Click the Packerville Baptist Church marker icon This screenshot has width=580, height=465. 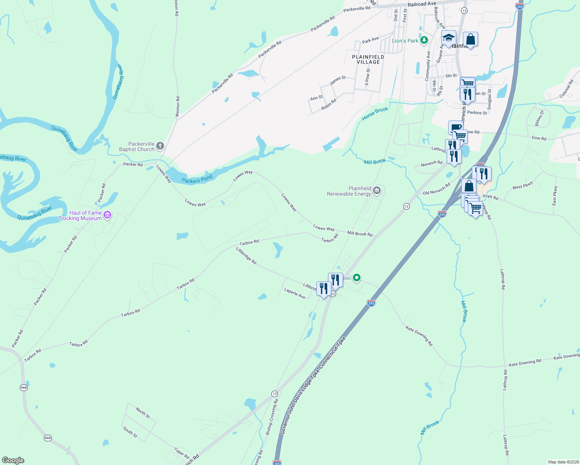tap(160, 146)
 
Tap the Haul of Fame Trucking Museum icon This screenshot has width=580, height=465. tap(107, 215)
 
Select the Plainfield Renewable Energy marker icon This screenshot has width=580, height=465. tap(377, 191)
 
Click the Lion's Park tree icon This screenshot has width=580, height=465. tap(425, 40)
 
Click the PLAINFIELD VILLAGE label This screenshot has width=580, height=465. tap(368, 59)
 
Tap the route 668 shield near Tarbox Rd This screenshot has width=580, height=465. tap(24, 387)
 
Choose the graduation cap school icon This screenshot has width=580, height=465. tap(449, 38)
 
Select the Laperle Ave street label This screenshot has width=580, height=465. tap(295, 293)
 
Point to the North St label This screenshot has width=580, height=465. tap(143, 413)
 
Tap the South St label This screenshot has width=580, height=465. tap(130, 432)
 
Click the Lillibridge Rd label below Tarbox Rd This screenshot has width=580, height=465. tap(246, 256)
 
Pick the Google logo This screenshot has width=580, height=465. tap(13, 460)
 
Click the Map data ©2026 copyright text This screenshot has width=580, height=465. tap(562, 462)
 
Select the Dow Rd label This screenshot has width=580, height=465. tap(539, 138)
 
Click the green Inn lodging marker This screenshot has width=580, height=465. tap(357, 277)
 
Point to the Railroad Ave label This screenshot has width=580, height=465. tap(422, 4)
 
